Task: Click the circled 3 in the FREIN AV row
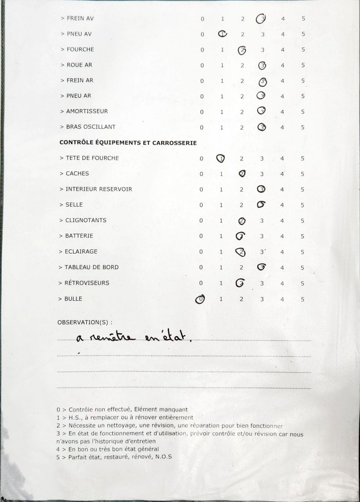coord(261,19)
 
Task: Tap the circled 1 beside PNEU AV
coord(222,34)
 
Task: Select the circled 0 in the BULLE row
coord(201,299)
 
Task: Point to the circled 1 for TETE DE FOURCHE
coord(221,159)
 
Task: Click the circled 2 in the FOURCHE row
coord(242,49)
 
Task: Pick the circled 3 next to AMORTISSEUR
coord(262,111)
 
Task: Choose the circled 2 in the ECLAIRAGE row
coord(241,252)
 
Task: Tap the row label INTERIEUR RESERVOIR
coord(99,189)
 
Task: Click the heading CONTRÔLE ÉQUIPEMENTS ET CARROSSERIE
coord(128,143)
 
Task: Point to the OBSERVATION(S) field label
coord(85,322)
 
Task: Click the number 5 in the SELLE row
coord(302,205)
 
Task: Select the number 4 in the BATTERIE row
coord(282,236)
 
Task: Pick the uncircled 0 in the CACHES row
coord(201,174)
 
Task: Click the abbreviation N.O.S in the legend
coord(163,457)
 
